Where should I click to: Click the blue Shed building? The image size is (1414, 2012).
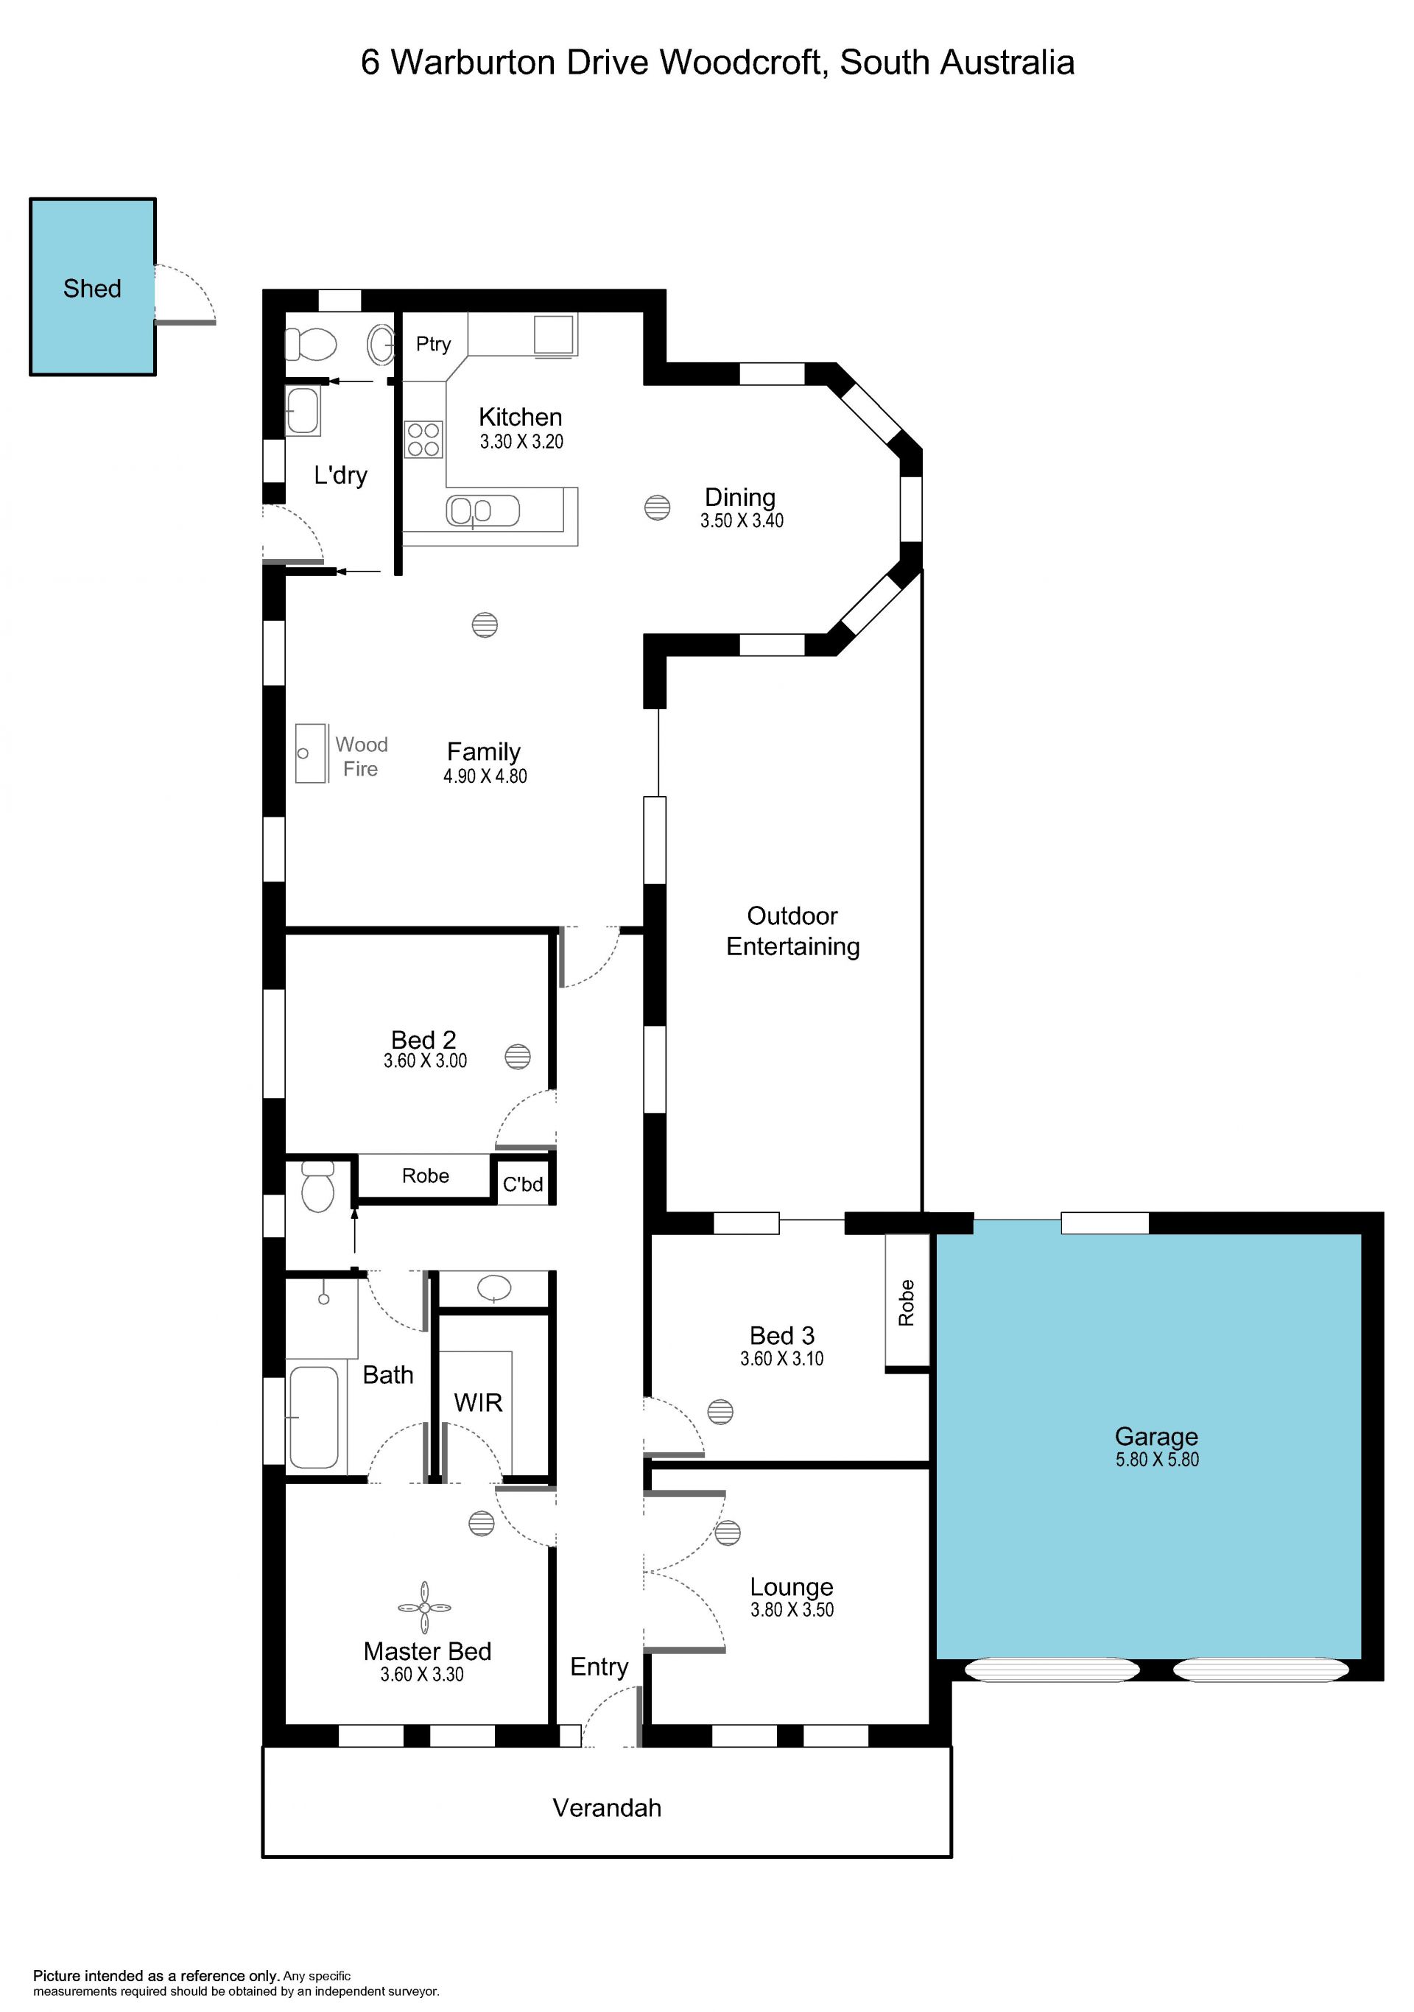93,286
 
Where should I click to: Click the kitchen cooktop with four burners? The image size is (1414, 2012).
424,439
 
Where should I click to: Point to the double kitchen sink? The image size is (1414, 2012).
482,511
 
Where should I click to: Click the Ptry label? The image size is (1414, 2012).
433,345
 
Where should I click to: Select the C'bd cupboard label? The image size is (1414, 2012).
523,1184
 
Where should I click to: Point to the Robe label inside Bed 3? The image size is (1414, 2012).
907,1302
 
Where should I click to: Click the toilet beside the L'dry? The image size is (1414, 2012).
311,345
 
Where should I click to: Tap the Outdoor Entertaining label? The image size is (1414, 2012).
793,931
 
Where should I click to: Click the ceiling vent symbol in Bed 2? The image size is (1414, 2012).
518,1056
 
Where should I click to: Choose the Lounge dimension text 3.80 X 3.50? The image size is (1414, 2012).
792,1610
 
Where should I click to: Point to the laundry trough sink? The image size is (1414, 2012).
303,410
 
